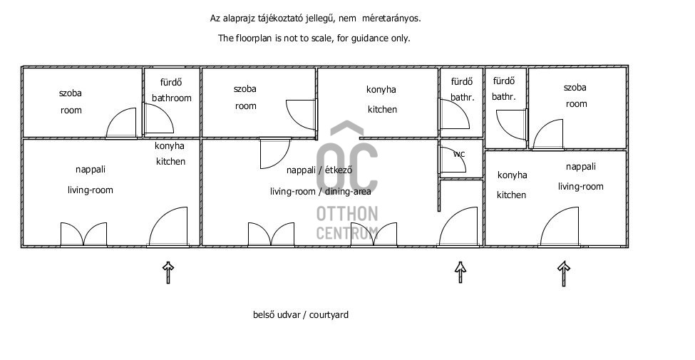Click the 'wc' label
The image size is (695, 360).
pos(458,153)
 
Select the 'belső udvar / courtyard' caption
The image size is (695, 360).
pos(301,314)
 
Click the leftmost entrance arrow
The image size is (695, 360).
pos(168,272)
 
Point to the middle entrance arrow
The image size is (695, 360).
pos(460,272)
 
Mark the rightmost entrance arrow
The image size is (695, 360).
pos(564,272)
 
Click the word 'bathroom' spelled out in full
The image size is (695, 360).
pos(171,98)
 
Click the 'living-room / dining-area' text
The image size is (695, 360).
pos(319,191)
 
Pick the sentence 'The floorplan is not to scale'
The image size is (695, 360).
pos(314,38)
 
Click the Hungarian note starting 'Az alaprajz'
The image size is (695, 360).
pos(320,19)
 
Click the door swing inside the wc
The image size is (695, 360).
pos(449,160)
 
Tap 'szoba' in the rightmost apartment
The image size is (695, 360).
pos(575,88)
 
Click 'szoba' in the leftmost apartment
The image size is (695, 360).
pos(70,93)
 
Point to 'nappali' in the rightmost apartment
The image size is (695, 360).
pos(580,167)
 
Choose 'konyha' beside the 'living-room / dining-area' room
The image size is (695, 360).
pos(381,90)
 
